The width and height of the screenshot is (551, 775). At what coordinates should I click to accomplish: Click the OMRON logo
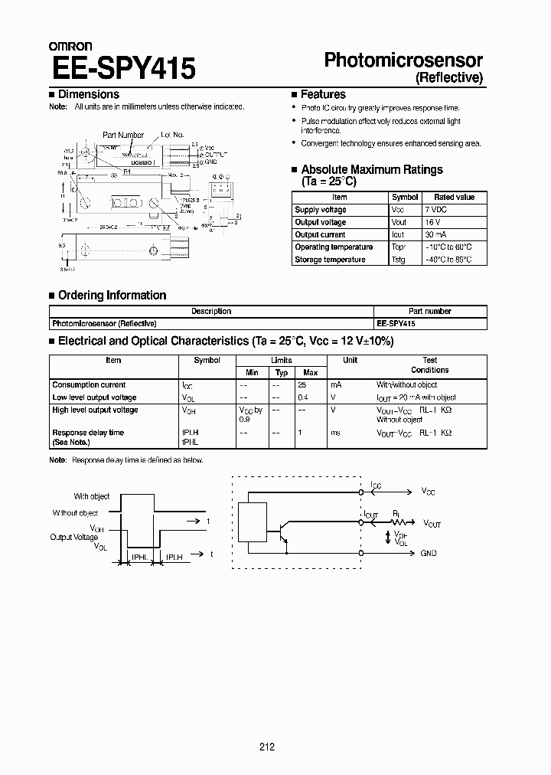[70, 47]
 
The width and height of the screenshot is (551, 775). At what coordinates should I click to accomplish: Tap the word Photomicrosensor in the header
[403, 60]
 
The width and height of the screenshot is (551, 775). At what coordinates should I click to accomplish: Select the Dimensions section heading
[88, 94]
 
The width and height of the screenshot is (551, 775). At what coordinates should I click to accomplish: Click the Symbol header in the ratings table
[404, 198]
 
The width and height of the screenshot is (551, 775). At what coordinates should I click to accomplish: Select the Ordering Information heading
[112, 295]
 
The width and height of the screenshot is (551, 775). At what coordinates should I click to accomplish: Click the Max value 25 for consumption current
[302, 385]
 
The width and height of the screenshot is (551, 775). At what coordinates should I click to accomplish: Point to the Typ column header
[281, 372]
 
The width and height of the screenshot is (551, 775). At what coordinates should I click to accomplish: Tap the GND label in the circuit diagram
[429, 553]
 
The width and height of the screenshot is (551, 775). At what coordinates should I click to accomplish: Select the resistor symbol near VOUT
[397, 524]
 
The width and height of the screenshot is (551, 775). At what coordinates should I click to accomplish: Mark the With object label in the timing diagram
[92, 496]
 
